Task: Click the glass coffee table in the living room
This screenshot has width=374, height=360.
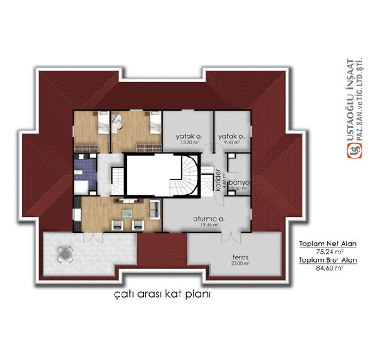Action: (x=127, y=214)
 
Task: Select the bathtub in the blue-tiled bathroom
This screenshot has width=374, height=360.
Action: (x=82, y=187)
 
